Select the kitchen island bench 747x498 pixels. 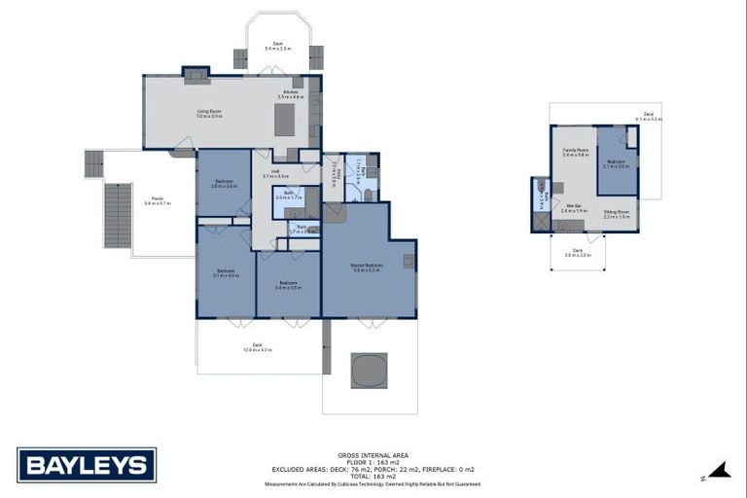point(285,121)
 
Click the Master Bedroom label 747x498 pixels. point(367,267)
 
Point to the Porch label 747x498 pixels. point(157,201)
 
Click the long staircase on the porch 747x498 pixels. point(118,216)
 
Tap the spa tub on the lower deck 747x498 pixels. point(369,370)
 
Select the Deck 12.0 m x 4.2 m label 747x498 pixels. point(258,346)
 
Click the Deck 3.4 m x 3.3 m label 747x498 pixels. point(277,46)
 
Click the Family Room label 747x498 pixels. point(577,153)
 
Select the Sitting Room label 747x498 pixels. point(617,214)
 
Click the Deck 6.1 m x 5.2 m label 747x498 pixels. point(649,117)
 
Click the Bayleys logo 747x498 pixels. point(87,464)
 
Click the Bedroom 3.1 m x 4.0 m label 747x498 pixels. point(226,273)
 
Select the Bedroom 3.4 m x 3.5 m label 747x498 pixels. point(288,285)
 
